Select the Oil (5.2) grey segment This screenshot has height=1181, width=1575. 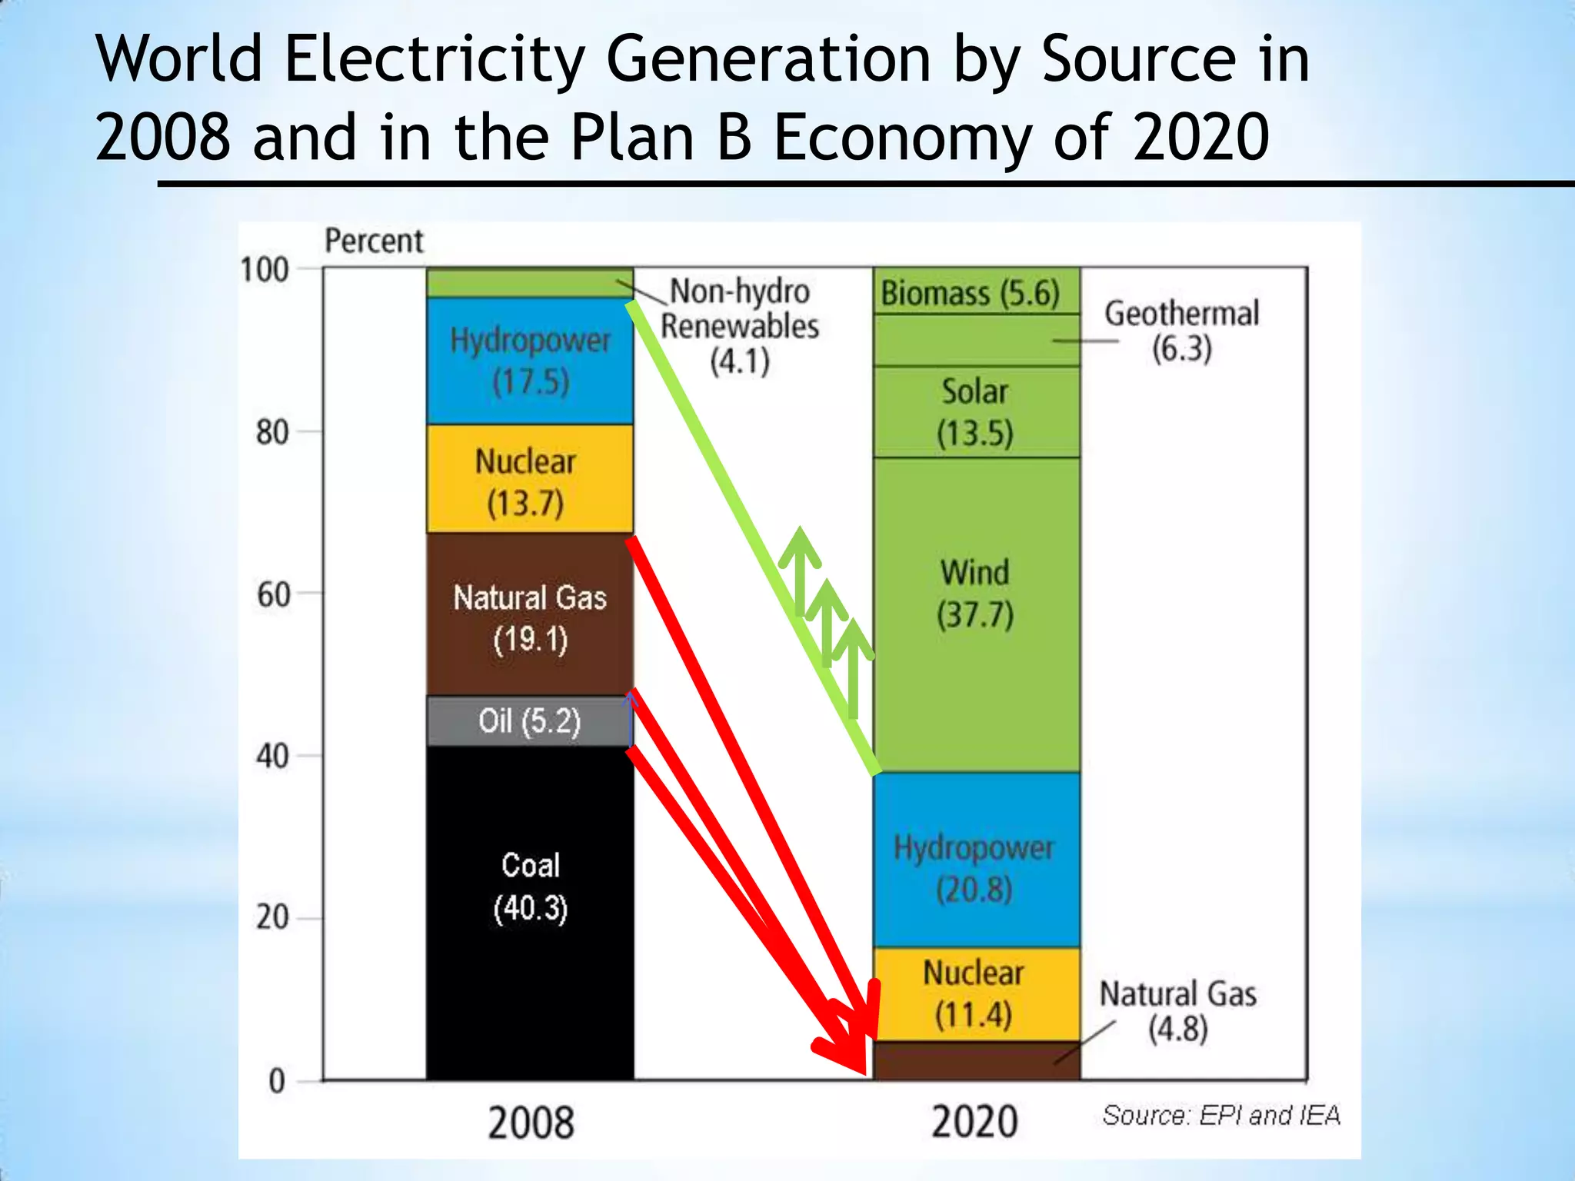tap(530, 720)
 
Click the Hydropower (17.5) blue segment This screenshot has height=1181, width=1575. tap(530, 360)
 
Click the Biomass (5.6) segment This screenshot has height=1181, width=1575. tap(971, 292)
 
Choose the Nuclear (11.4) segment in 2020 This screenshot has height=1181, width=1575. tap(974, 993)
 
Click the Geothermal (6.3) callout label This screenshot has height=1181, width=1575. tap(1181, 330)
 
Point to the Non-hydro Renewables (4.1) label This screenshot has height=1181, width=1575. tap(739, 326)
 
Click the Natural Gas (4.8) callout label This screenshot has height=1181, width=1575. tap(1177, 1010)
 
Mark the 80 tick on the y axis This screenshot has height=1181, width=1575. tap(273, 432)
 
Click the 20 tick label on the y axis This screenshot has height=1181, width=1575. tap(273, 917)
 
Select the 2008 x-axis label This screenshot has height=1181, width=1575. tap(531, 1122)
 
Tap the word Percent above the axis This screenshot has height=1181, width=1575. tap(374, 241)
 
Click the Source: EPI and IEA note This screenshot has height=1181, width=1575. tap(1221, 1115)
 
